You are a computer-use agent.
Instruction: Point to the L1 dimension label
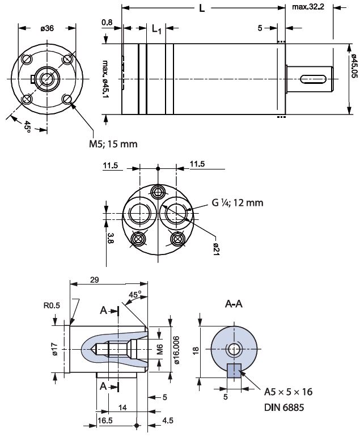click(x=157, y=29)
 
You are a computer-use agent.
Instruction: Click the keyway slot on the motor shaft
click(x=311, y=78)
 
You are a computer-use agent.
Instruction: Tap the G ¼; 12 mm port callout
click(x=237, y=202)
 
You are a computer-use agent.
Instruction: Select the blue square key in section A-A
click(x=234, y=370)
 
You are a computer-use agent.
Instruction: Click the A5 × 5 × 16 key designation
click(x=289, y=392)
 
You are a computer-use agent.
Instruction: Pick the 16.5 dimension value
click(x=106, y=420)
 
